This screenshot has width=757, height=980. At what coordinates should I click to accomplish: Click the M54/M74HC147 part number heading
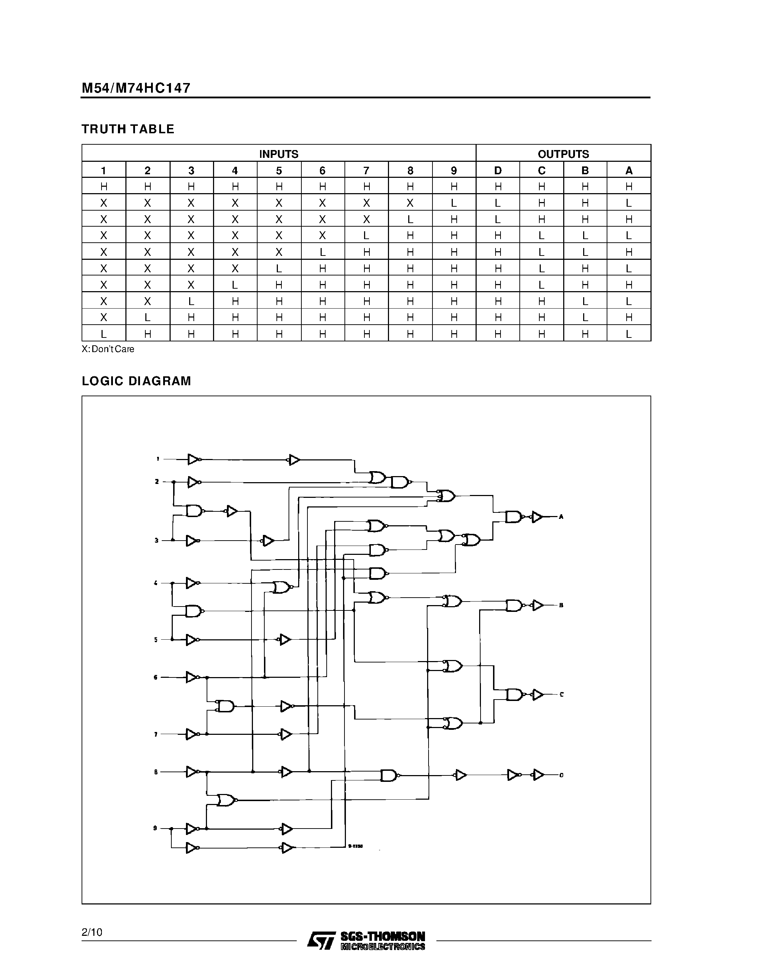pos(136,88)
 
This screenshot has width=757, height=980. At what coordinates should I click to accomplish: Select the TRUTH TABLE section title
pos(128,129)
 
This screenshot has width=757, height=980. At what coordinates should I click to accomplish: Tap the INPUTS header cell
pos(279,154)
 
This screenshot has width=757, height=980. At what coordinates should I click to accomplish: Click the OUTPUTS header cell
pos(563,154)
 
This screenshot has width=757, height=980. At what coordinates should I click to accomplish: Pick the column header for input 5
pos(279,170)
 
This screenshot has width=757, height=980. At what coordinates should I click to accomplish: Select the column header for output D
pos(497,170)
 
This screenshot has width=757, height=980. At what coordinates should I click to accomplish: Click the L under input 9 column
pos(453,203)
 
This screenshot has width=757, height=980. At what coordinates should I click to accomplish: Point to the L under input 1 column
pos(104,334)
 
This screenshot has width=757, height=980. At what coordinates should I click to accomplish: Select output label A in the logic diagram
pos(561,517)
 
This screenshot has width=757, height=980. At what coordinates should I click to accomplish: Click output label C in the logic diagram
pos(561,695)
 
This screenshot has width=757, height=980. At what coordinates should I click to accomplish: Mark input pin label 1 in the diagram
pos(157,459)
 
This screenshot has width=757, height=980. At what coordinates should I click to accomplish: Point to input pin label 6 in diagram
pos(156,677)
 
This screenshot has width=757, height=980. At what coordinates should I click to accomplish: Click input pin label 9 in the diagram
pos(155,828)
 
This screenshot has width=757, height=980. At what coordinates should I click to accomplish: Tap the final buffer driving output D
pos(538,775)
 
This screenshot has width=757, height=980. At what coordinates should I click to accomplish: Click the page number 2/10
pos(92,933)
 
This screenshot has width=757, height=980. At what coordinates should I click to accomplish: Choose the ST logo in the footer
pos(321,940)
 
